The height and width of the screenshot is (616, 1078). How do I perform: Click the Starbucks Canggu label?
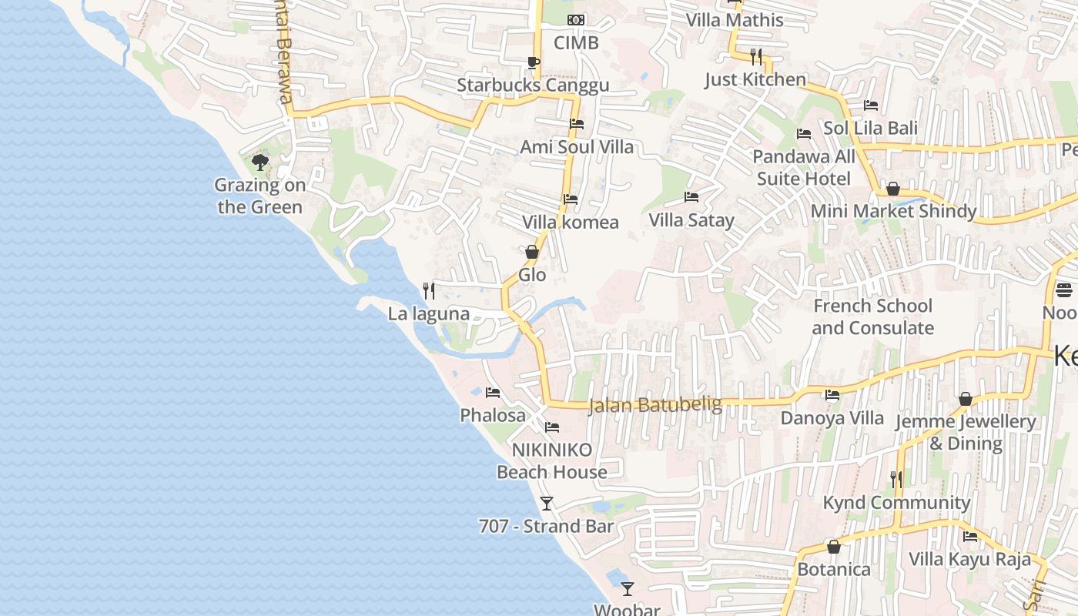[533, 85]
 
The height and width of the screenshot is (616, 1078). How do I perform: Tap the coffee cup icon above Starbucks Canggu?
[533, 62]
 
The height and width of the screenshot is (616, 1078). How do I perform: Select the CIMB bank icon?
[576, 20]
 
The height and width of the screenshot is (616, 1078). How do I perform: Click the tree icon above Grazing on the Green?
[260, 162]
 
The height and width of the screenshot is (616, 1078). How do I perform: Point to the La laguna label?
[429, 313]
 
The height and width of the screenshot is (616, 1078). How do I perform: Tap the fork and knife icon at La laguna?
[429, 290]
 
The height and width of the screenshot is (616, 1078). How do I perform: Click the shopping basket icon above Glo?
[531, 252]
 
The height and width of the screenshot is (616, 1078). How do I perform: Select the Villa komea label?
[571, 223]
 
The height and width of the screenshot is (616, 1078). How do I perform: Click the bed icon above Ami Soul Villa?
[577, 124]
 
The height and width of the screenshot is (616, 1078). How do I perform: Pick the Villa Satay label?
[691, 220]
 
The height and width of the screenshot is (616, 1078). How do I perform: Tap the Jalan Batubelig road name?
[655, 405]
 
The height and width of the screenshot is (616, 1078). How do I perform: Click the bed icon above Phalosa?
[493, 393]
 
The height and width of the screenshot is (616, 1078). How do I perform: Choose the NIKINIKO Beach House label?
[552, 460]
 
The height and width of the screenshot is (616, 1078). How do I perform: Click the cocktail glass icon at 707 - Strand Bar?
[547, 504]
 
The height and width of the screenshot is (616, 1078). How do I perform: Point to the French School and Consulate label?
[872, 316]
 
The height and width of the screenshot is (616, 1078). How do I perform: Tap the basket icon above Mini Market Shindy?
[893, 189]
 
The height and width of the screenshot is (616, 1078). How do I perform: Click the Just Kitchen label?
[755, 79]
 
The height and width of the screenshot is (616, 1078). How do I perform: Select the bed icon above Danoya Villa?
[832, 396]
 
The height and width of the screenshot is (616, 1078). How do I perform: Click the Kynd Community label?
[896, 503]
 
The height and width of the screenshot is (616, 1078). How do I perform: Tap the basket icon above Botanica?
[833, 547]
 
